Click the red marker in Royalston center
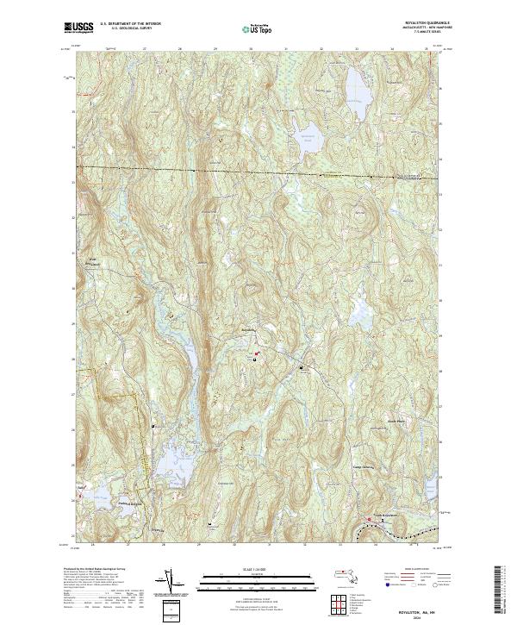point(255,352)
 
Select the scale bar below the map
point(251,578)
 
